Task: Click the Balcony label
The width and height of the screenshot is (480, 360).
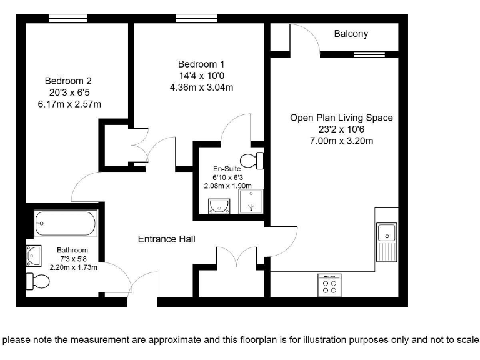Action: pyautogui.click(x=351, y=34)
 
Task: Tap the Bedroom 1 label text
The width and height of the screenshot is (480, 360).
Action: pyautogui.click(x=201, y=64)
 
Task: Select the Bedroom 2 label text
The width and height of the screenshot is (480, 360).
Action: pyautogui.click(x=68, y=81)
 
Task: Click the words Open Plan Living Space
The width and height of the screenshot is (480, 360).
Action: pyautogui.click(x=341, y=117)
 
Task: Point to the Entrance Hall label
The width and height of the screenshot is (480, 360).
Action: pyautogui.click(x=166, y=239)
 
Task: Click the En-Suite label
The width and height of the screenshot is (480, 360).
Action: pyautogui.click(x=227, y=169)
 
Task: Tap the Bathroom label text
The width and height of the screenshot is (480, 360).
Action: pyautogui.click(x=72, y=250)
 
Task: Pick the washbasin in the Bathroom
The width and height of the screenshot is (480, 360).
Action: pyautogui.click(x=33, y=254)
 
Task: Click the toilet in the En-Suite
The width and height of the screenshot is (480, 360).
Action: pyautogui.click(x=254, y=160)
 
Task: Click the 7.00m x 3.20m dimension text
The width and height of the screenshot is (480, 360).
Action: pyautogui.click(x=341, y=141)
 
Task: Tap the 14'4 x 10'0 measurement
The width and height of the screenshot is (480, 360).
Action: pyautogui.click(x=201, y=76)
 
